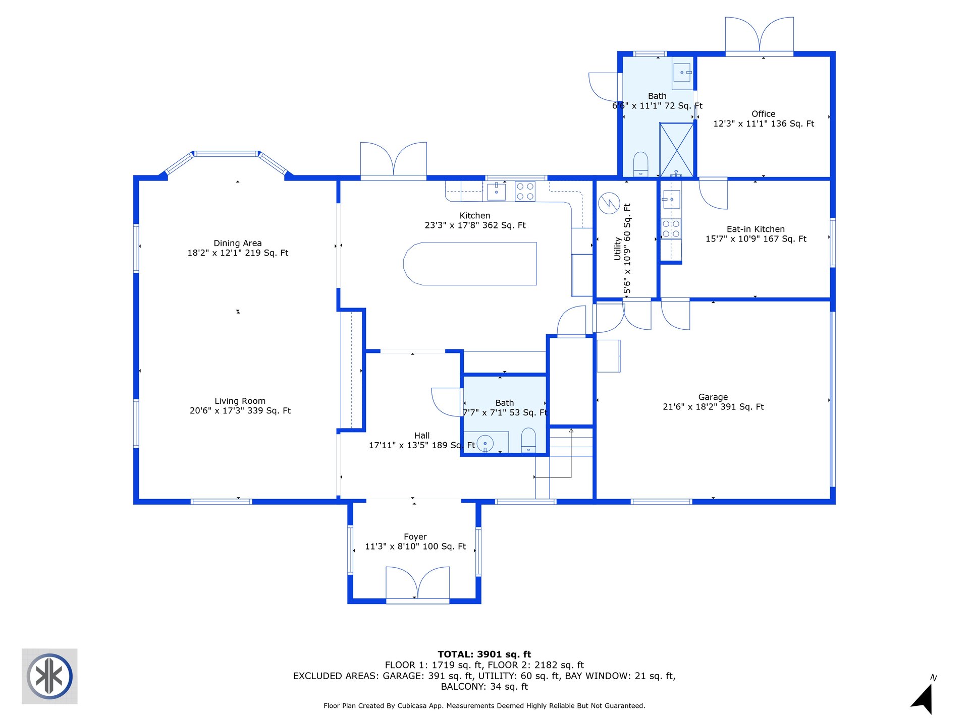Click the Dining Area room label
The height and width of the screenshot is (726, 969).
pyautogui.click(x=238, y=243)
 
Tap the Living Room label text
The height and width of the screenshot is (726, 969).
pyautogui.click(x=240, y=401)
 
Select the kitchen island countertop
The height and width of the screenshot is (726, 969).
pyautogui.click(x=470, y=264)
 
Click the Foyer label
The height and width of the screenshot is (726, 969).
pyautogui.click(x=415, y=537)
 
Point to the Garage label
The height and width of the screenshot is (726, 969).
pyautogui.click(x=713, y=397)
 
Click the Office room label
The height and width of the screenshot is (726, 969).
pyautogui.click(x=764, y=114)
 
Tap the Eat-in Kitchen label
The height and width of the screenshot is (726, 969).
pyautogui.click(x=756, y=229)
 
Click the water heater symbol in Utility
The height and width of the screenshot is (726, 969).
pyautogui.click(x=609, y=203)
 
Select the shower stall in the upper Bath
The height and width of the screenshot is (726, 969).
pyautogui.click(x=677, y=150)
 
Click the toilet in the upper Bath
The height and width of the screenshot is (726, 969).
pyautogui.click(x=640, y=164)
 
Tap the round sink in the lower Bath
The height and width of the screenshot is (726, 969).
pyautogui.click(x=485, y=443)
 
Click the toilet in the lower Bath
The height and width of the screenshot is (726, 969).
pyautogui.click(x=528, y=440)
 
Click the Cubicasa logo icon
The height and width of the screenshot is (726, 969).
pyautogui.click(x=49, y=676)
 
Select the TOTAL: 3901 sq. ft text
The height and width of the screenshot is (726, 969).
pyautogui.click(x=484, y=654)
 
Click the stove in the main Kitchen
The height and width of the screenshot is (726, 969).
pyautogui.click(x=525, y=192)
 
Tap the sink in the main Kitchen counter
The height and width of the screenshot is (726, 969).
pyautogui.click(x=497, y=192)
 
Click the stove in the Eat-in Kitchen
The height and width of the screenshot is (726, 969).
pyautogui.click(x=671, y=228)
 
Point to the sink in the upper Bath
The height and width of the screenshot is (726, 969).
pyautogui.click(x=682, y=73)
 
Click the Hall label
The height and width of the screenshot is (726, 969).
pyautogui.click(x=422, y=436)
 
